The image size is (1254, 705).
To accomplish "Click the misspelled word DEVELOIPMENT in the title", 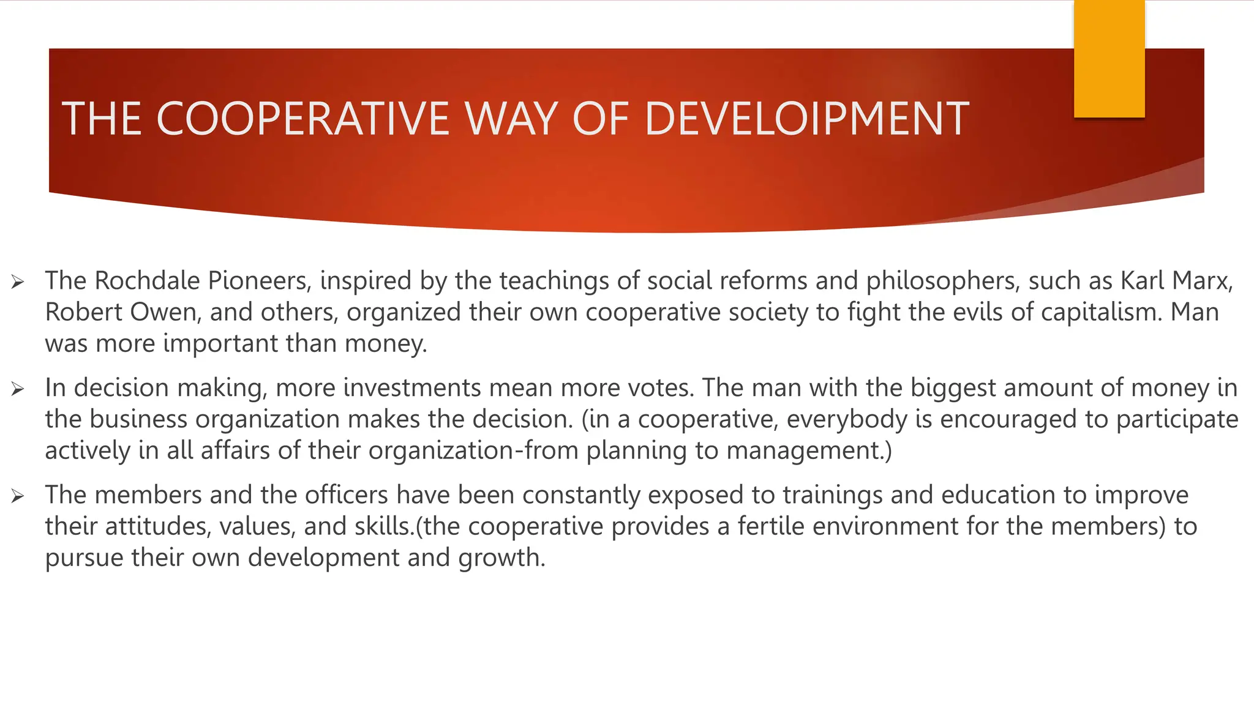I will pyautogui.click(x=807, y=119).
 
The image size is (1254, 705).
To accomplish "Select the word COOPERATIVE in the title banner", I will pyautogui.click(x=306, y=119).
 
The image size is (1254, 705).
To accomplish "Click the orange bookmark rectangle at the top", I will pyautogui.click(x=1109, y=59).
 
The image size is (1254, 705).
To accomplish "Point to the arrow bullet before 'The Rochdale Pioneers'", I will pyautogui.click(x=17, y=282).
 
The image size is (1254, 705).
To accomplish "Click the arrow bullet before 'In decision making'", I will pyautogui.click(x=17, y=389).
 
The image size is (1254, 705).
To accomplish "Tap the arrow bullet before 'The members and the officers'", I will pyautogui.click(x=17, y=496).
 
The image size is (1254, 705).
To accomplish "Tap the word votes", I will pyautogui.click(x=664, y=388).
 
